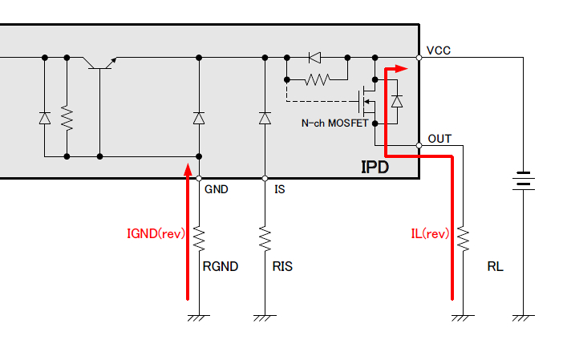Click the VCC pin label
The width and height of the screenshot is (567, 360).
(x=439, y=51)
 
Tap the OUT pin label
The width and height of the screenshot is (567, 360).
(x=439, y=139)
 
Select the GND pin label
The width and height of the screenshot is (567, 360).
(x=217, y=190)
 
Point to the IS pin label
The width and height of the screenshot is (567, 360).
(x=280, y=190)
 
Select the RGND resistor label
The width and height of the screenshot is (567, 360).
(x=221, y=266)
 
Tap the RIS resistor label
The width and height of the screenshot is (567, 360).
(x=281, y=266)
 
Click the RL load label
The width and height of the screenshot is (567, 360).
(x=495, y=266)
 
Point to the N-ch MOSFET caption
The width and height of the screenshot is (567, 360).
(x=334, y=123)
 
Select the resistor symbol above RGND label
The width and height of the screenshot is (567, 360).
(x=199, y=239)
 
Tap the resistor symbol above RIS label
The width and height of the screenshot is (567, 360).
(x=265, y=239)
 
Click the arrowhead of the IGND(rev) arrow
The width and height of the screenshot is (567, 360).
(x=188, y=169)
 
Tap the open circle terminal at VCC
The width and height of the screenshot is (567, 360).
(x=419, y=58)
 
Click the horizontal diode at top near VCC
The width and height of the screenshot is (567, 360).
(x=314, y=58)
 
